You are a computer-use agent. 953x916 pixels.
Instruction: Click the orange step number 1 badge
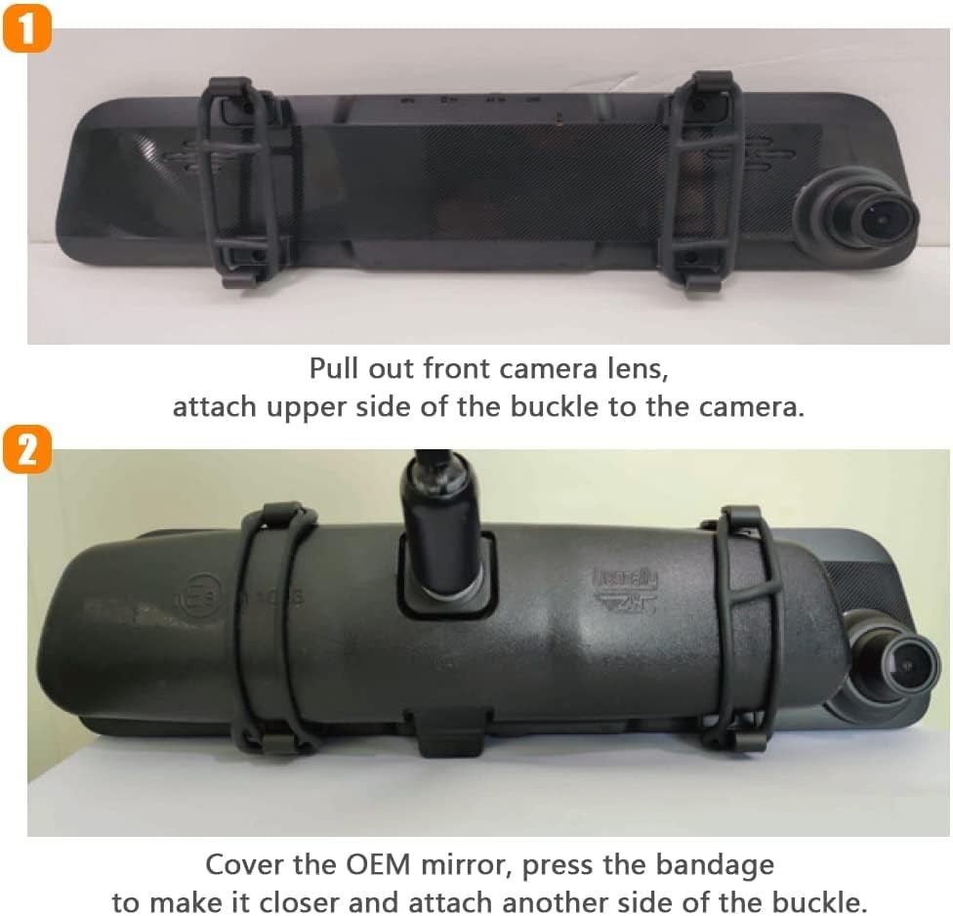tap(27, 27)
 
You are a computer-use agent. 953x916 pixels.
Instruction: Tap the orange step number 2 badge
tap(27, 452)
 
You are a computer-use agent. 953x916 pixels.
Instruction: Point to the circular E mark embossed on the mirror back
tap(195, 591)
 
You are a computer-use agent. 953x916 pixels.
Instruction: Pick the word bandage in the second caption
tap(720, 865)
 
